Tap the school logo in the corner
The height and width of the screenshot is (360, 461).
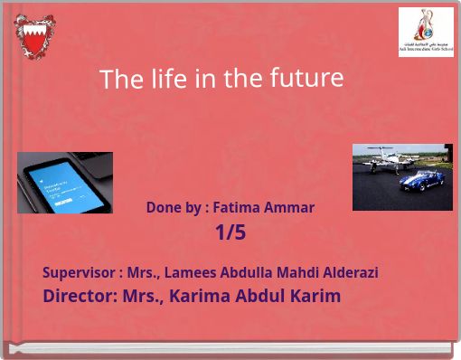(426, 32)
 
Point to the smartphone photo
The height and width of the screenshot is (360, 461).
(65, 182)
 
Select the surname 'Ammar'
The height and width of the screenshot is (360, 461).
(291, 207)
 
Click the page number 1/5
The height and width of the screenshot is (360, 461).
(230, 232)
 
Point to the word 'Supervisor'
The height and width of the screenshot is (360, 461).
(78, 272)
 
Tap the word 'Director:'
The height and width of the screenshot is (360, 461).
(80, 296)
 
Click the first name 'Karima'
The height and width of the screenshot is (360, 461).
(197, 296)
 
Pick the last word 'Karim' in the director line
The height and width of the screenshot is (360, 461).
(315, 296)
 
